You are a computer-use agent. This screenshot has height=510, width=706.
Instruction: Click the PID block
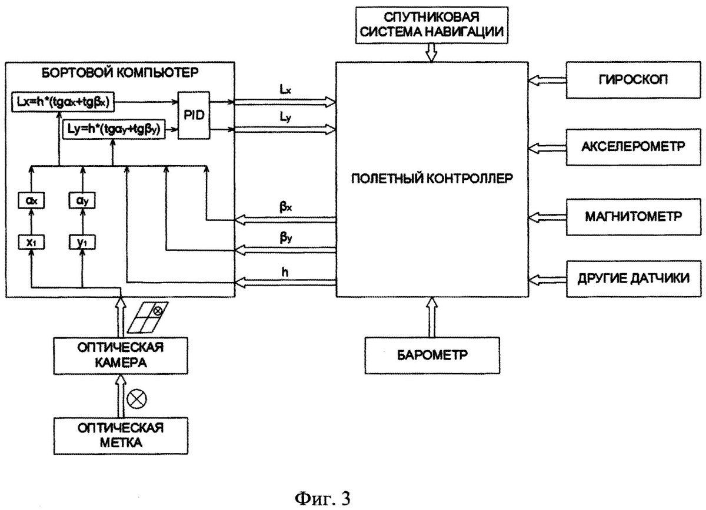click(x=194, y=115)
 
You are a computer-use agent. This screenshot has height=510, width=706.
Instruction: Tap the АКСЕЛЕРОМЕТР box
click(x=628, y=146)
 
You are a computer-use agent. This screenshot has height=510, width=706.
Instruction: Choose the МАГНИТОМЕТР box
click(x=628, y=215)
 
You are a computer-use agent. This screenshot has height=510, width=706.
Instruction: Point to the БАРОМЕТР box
click(x=432, y=355)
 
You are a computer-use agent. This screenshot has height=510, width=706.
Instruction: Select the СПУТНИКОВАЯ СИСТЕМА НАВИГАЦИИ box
click(x=432, y=26)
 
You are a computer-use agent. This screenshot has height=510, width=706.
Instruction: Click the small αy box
click(x=82, y=200)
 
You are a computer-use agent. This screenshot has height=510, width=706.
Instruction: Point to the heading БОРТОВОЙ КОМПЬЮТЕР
click(x=120, y=74)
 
